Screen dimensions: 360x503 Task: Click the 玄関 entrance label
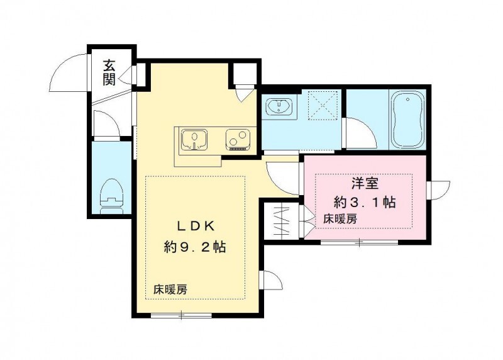(x=109, y=72)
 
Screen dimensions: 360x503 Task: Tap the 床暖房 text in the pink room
(x=340, y=219)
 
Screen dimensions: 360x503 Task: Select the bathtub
(x=407, y=119)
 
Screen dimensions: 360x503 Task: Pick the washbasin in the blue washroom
(x=277, y=108)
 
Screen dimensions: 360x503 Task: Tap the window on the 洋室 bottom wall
(x=359, y=242)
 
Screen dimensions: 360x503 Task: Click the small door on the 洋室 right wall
(x=439, y=189)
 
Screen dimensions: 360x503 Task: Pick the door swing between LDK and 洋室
(x=283, y=176)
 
